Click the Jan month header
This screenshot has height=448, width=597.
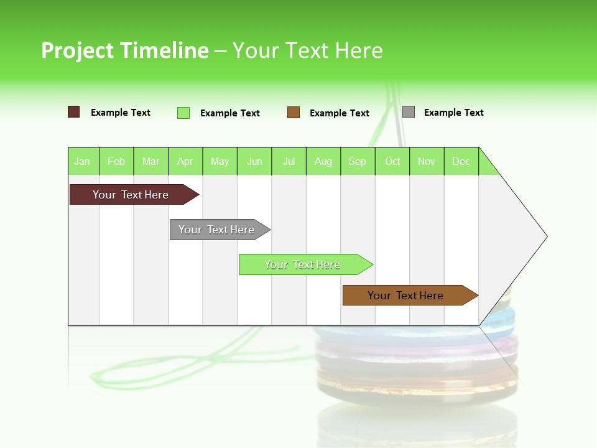point(83,161)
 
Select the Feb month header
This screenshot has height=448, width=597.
point(116,161)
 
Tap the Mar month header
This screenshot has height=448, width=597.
point(150,161)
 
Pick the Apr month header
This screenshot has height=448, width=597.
point(185,161)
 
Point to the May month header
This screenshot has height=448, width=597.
point(220,161)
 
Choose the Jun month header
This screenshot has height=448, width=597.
point(254,161)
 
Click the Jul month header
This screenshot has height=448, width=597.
point(289,161)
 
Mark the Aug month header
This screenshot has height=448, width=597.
point(323,161)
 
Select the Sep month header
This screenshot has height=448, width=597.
point(358,161)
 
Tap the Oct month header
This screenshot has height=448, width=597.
point(392,161)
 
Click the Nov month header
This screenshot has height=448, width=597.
point(427,161)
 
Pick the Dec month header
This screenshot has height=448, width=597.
point(461,161)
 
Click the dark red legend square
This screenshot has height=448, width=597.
point(74,112)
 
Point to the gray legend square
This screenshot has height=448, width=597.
point(409,112)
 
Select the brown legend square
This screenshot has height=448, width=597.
point(294,113)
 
